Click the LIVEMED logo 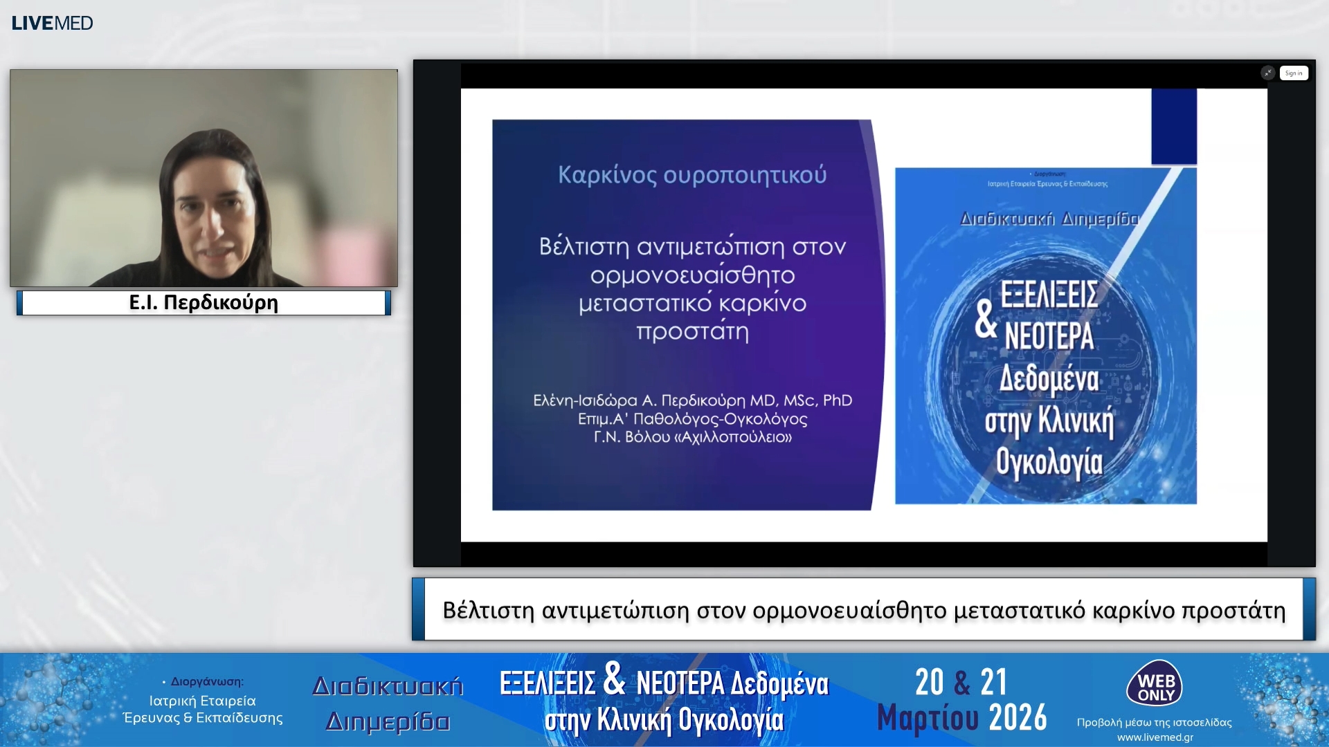click(52, 23)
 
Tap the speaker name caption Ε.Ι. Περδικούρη click(204, 303)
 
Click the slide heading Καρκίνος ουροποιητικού click(692, 175)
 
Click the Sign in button click(1293, 73)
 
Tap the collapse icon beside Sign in click(1267, 73)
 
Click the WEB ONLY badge click(1155, 684)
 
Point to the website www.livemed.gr click(1155, 737)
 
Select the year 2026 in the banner click(1018, 718)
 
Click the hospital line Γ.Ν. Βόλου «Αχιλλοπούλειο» click(692, 437)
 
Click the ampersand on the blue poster click(986, 320)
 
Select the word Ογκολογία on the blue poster click(1049, 463)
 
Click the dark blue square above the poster click(1173, 126)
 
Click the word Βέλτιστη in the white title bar click(488, 611)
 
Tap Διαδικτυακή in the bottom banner click(388, 686)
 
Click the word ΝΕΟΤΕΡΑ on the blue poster click(1049, 337)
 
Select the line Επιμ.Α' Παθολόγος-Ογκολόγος click(692, 419)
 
